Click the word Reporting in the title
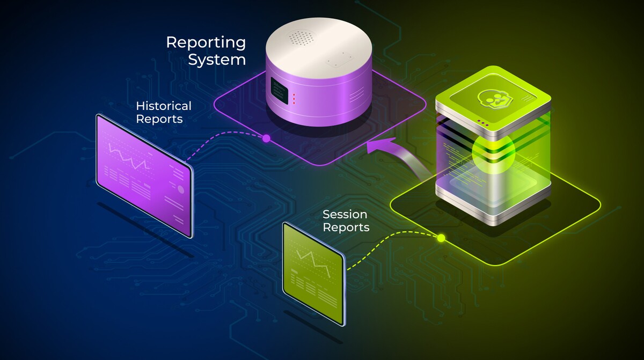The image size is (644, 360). (206, 42)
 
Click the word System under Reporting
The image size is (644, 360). (216, 60)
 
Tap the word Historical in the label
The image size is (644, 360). (163, 105)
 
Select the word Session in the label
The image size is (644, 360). (345, 215)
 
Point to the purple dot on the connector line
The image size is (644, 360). (266, 138)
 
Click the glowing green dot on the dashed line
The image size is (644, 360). (441, 238)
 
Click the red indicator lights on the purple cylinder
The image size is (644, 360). (294, 99)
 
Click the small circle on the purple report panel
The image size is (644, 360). (181, 189)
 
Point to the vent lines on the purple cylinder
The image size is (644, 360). (356, 96)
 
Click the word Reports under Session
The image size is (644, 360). (346, 227)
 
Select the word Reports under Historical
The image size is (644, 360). (159, 119)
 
